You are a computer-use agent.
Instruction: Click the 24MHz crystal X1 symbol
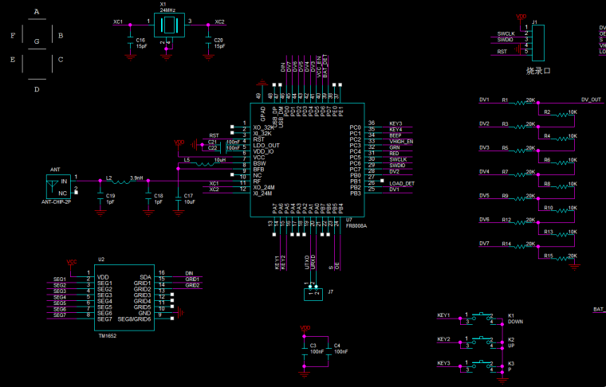167,23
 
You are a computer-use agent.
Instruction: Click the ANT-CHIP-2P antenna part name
56,203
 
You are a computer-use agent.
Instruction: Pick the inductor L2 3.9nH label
124,178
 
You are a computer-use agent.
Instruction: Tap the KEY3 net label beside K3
444,363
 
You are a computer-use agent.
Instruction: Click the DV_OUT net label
591,100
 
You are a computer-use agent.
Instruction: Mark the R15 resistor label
549,256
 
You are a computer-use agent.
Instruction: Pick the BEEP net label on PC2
395,135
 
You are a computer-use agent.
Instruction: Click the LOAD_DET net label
402,183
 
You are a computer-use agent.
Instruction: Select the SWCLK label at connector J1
506,33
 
